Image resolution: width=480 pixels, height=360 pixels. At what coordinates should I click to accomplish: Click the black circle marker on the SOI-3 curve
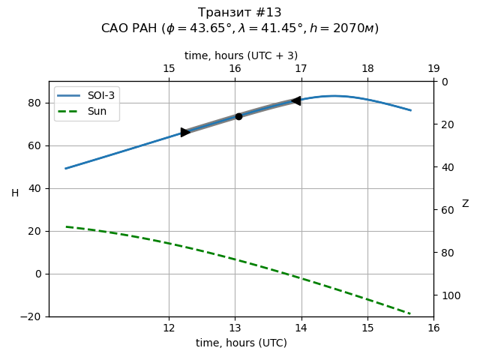[238, 116]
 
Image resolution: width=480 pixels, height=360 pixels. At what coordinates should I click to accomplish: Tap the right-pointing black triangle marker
[185, 132]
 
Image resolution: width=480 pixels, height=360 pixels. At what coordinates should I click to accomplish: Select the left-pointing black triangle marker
[296, 100]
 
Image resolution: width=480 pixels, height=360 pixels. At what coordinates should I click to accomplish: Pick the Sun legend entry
[97, 112]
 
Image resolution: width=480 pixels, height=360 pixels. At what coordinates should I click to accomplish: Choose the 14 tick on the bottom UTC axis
[301, 328]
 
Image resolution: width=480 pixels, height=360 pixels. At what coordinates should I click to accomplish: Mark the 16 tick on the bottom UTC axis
[433, 328]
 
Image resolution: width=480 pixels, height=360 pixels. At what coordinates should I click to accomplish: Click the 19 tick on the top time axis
[433, 69]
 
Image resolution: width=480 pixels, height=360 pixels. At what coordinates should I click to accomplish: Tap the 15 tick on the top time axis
[169, 69]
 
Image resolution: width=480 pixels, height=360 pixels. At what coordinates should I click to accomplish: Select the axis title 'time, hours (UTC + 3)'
[241, 55]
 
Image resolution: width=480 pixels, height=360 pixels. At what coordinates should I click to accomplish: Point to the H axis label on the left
[15, 193]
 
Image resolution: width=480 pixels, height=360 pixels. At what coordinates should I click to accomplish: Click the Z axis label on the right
[465, 204]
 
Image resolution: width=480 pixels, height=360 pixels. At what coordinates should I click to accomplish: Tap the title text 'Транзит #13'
[240, 13]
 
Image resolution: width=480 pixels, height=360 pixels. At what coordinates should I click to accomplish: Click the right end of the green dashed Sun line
[410, 313]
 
